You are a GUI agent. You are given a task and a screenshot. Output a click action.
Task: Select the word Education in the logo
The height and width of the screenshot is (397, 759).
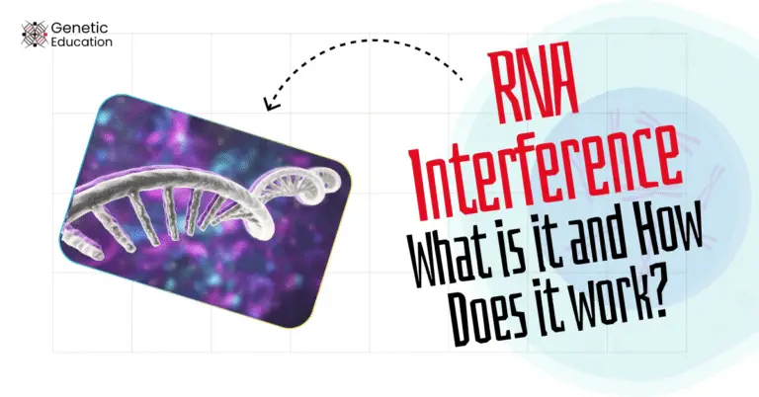point(87,42)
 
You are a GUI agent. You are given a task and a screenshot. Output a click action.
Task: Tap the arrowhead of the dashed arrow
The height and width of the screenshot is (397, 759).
point(271,102)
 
